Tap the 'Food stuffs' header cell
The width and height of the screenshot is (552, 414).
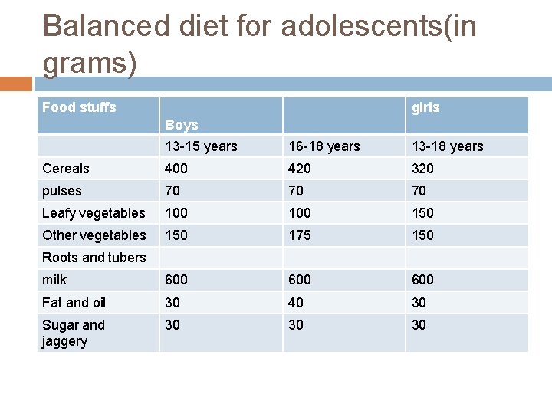tap(79, 107)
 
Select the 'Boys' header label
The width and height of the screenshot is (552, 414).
tap(182, 124)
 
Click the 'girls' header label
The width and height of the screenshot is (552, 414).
tap(426, 107)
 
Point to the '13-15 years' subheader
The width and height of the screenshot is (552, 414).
tap(201, 146)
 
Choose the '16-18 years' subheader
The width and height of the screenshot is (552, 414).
tap(324, 146)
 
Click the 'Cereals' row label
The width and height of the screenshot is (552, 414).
tap(66, 169)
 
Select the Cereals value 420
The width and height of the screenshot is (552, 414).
tap(299, 169)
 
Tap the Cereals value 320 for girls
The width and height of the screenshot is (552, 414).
tap(422, 169)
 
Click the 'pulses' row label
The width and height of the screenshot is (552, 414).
tap(62, 191)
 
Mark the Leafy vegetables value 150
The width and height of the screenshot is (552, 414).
tap(422, 213)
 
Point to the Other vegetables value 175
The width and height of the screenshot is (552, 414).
tap(299, 235)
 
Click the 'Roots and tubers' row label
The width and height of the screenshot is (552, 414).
tap(94, 258)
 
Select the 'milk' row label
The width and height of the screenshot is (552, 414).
tap(54, 280)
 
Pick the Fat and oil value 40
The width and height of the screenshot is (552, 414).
tap(296, 303)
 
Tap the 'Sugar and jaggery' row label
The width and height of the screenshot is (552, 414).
tap(74, 333)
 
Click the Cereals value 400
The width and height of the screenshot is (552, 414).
tap(176, 169)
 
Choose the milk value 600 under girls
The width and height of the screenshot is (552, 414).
tap(422, 280)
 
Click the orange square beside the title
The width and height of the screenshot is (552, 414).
tap(16, 83)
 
